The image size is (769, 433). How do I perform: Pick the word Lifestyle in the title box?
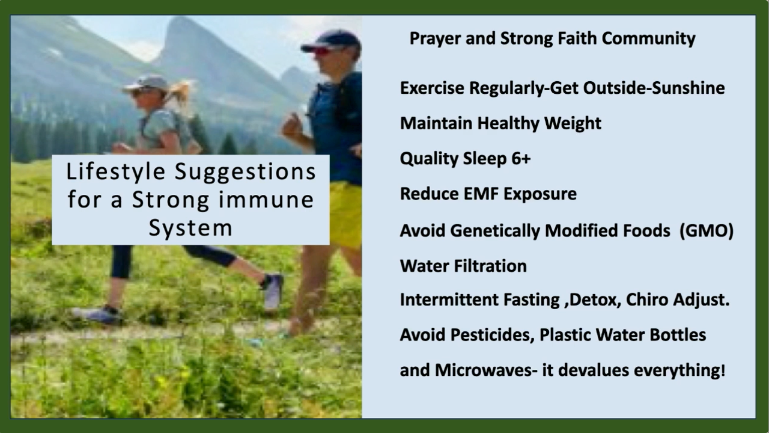116,172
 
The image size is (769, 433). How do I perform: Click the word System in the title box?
190,228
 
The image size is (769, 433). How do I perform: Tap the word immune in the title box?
266,200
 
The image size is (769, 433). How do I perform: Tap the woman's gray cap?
147,84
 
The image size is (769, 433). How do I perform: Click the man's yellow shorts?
345,213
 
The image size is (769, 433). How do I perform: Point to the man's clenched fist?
292,126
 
